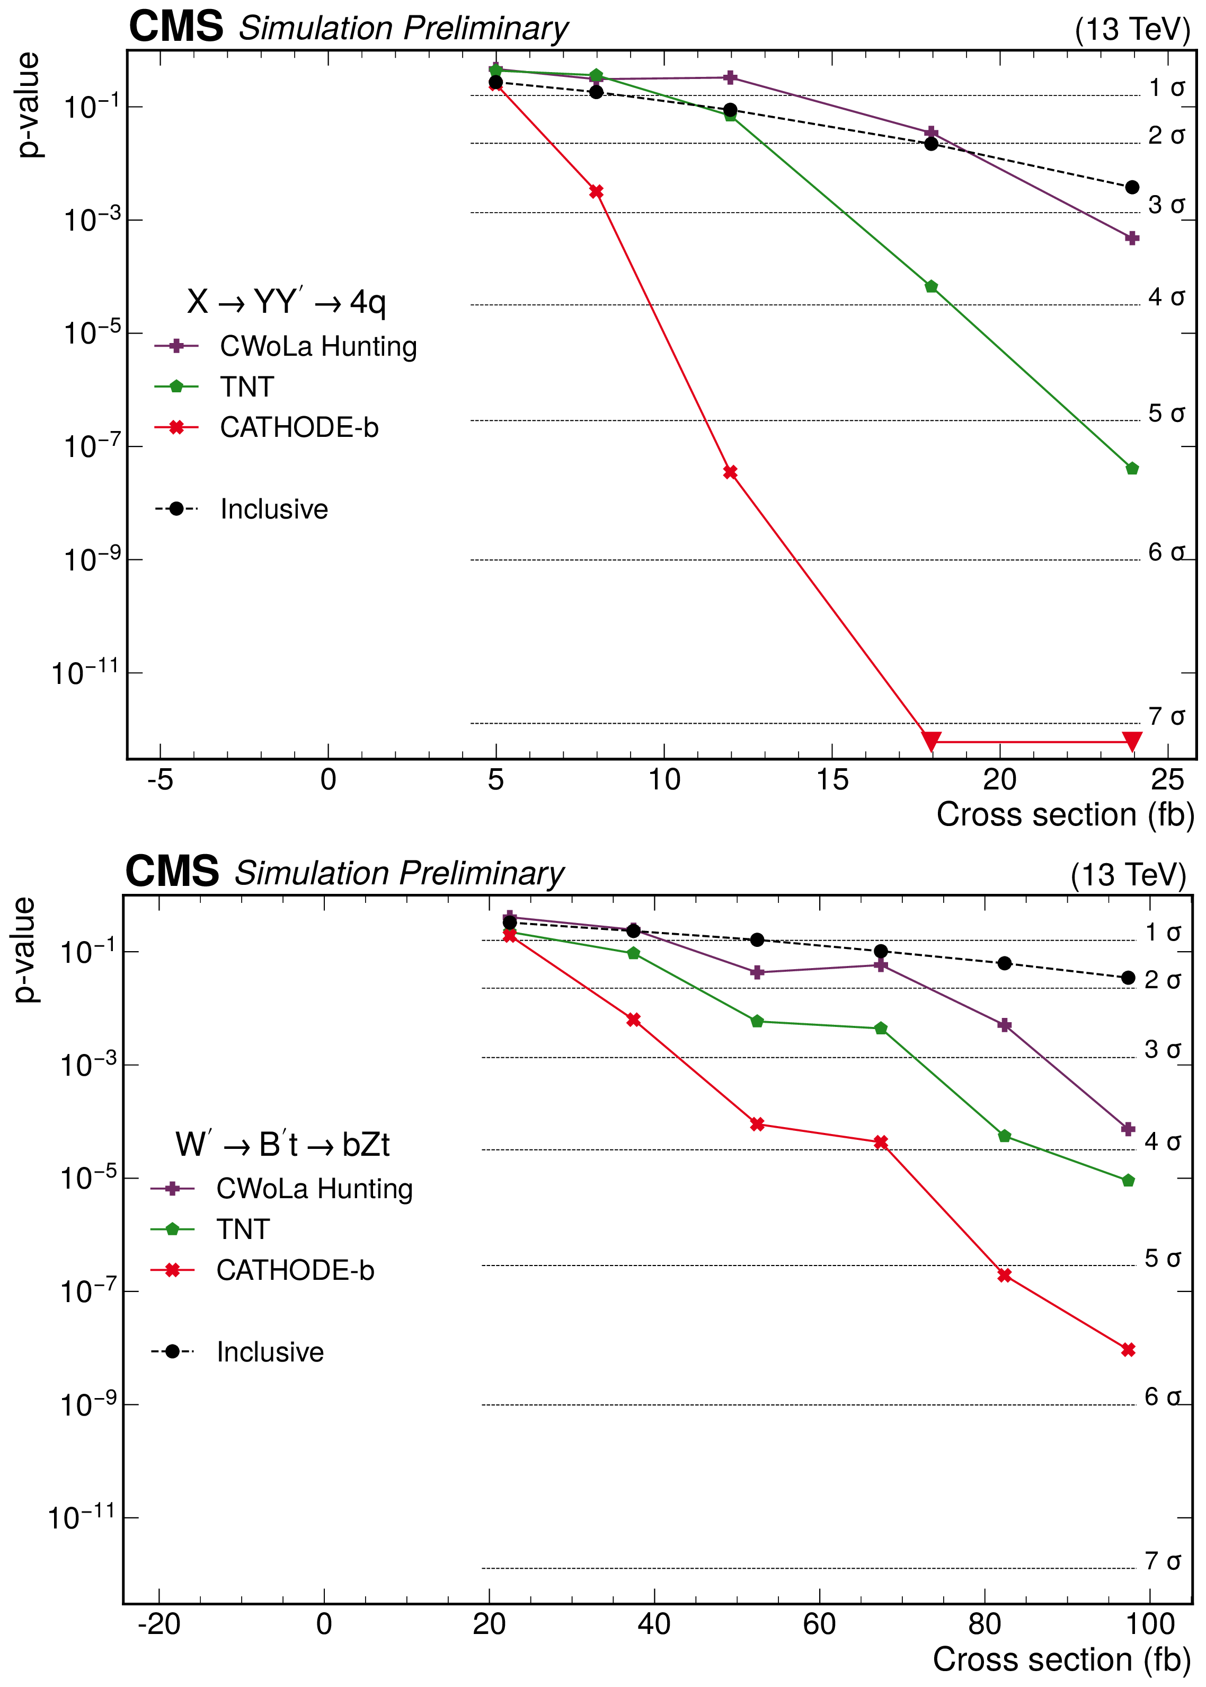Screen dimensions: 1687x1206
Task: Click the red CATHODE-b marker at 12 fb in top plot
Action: pos(730,472)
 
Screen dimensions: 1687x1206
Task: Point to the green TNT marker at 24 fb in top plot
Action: pos(1132,469)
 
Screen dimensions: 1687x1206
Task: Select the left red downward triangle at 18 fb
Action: pos(931,741)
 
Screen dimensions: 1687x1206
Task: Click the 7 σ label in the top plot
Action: pos(1166,717)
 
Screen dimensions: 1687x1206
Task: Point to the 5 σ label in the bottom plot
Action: pos(1162,1259)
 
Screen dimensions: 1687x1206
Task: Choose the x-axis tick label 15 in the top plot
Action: pos(832,780)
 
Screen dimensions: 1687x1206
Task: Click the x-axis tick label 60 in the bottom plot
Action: pos(819,1624)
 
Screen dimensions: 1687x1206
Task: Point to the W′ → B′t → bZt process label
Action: pos(282,1145)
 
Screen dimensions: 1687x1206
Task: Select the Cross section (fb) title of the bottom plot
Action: pos(1061,1659)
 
